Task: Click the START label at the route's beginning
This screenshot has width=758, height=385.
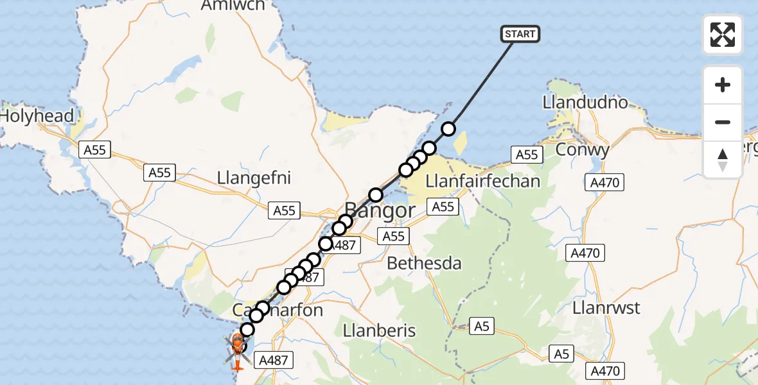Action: click(x=520, y=33)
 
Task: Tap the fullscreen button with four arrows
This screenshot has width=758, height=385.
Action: click(x=723, y=35)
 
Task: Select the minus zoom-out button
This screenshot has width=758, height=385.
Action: click(x=723, y=122)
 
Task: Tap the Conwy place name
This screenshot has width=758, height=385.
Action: click(x=581, y=150)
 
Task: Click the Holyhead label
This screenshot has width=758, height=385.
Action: click(x=37, y=117)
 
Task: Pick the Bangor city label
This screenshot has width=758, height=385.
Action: click(x=380, y=210)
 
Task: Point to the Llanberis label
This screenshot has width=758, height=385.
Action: click(x=379, y=331)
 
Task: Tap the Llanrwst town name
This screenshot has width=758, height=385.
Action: click(x=606, y=308)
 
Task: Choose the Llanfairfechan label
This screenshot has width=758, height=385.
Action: click(x=479, y=181)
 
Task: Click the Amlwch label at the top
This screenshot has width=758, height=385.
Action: click(x=233, y=6)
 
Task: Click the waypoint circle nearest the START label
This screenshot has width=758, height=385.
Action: click(x=448, y=129)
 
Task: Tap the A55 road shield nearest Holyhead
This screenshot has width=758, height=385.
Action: click(x=94, y=150)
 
